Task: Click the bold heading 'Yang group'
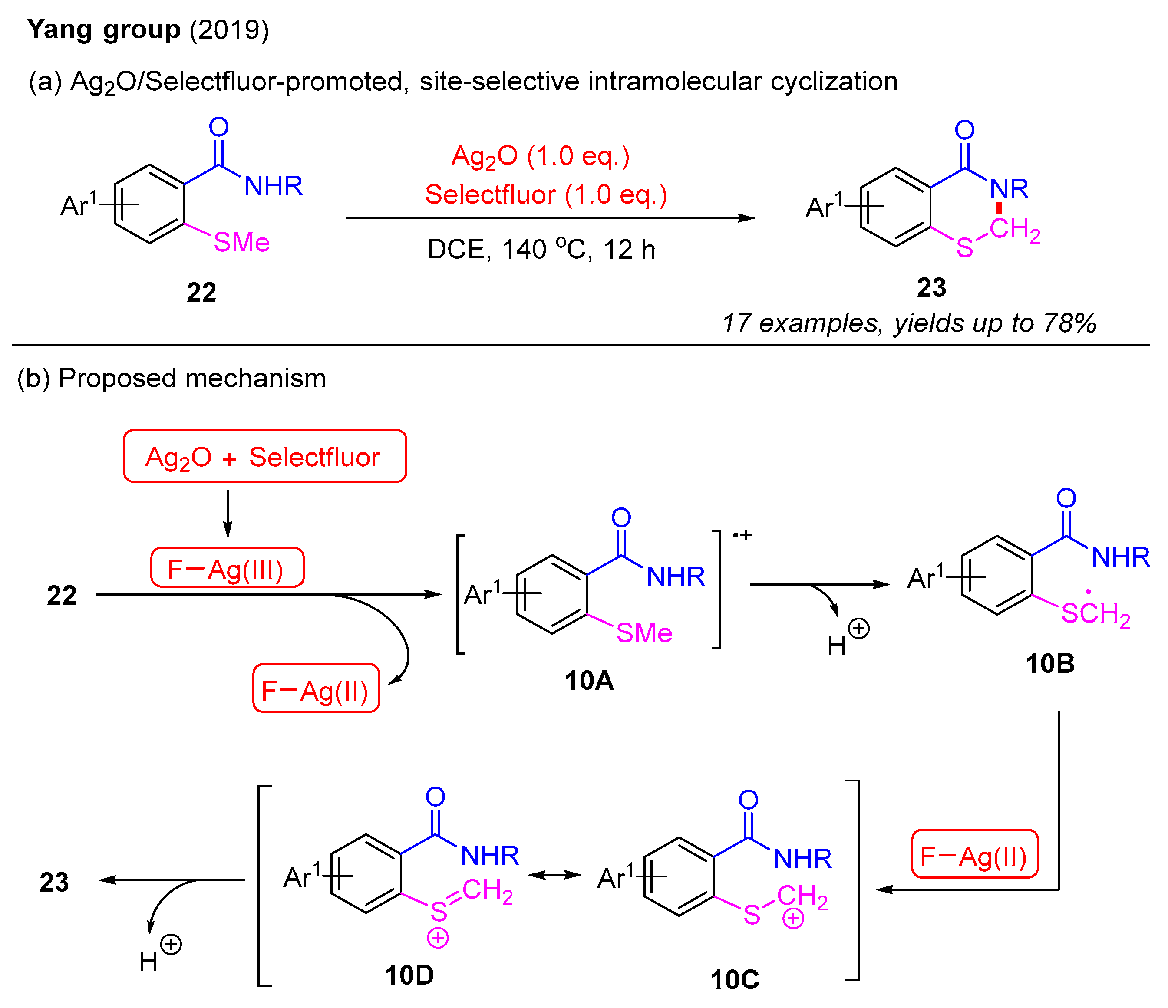click(x=104, y=29)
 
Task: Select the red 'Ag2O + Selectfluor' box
click(x=264, y=456)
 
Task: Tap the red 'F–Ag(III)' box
click(x=227, y=568)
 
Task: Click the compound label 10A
click(x=589, y=681)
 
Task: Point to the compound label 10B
click(x=1049, y=664)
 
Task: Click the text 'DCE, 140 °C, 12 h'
click(x=541, y=250)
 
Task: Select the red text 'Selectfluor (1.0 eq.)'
click(x=546, y=195)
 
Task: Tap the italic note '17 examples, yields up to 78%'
click(x=909, y=323)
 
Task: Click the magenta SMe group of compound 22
click(x=241, y=243)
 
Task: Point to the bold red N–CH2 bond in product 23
click(x=1000, y=208)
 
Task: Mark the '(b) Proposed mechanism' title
click(x=172, y=378)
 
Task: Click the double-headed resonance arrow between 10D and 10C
click(x=554, y=875)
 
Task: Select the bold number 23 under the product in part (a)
click(x=931, y=288)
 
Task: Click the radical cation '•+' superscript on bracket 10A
click(x=742, y=535)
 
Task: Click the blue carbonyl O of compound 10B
click(x=1066, y=498)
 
